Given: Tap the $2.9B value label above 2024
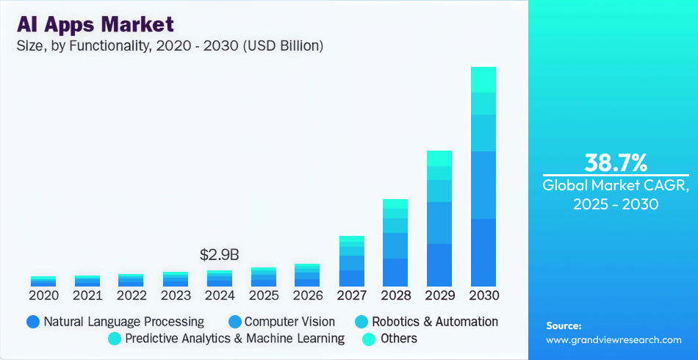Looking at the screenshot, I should [x=220, y=255].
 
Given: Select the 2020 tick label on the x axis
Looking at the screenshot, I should [x=43, y=295].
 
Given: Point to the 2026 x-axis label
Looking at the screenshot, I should [x=308, y=295].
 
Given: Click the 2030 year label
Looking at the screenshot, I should [x=483, y=295].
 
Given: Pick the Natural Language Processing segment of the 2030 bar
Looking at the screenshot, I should [x=483, y=252].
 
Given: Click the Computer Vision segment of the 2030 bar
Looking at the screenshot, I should [x=483, y=184].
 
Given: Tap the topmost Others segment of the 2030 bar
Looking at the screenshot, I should [x=483, y=79].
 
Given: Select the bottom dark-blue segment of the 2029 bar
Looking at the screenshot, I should [x=439, y=264].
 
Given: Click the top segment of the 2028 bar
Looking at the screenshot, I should [x=395, y=204].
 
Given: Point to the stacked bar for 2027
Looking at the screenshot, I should [x=351, y=261].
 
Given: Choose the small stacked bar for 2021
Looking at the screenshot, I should [x=87, y=281].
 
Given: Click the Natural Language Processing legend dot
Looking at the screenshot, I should [x=32, y=322].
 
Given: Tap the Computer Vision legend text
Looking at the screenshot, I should [x=289, y=322].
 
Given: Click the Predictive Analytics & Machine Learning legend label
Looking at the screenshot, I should [x=234, y=339].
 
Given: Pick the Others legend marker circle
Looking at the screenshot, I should [x=370, y=339].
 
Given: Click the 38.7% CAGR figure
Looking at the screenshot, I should [x=615, y=162].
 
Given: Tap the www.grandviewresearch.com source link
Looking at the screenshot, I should [x=614, y=339].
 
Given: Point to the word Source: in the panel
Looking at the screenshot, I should [x=564, y=325].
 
